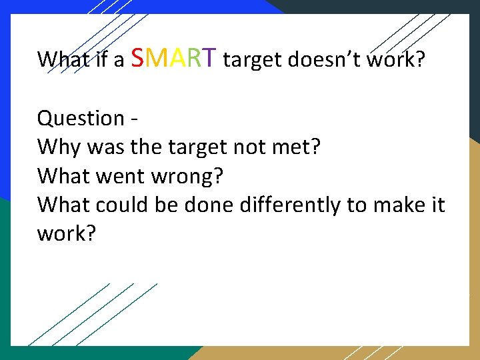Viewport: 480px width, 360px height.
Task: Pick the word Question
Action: coord(81,119)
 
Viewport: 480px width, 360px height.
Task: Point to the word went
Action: coord(119,176)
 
